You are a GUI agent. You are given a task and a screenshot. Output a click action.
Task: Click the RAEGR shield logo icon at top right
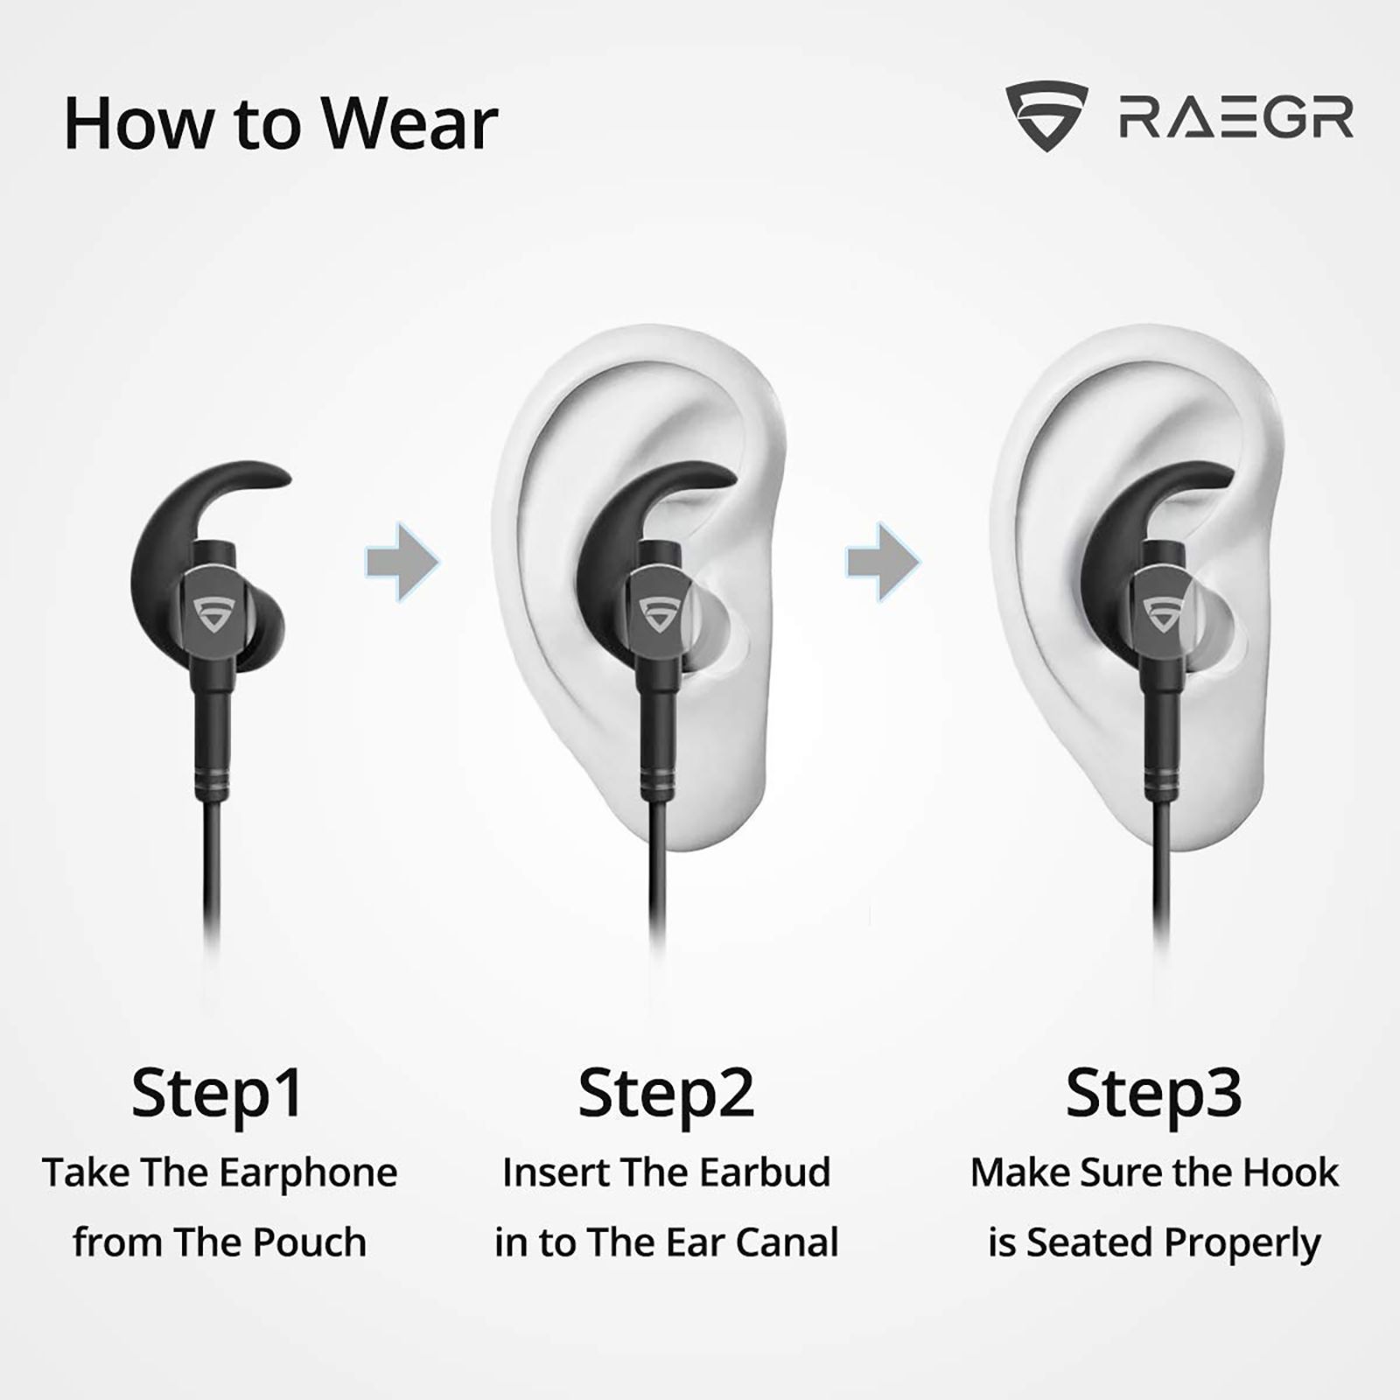point(1046,117)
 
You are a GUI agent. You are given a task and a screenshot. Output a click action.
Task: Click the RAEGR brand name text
point(1236,118)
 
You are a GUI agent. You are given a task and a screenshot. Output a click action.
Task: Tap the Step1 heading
point(217,1094)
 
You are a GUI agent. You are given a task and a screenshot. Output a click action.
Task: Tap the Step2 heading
point(666,1094)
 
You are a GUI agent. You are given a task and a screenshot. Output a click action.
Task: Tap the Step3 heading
point(1153,1094)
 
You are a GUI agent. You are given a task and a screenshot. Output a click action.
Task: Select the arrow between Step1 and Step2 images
point(402,562)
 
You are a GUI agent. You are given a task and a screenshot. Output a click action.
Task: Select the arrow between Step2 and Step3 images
point(883,562)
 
